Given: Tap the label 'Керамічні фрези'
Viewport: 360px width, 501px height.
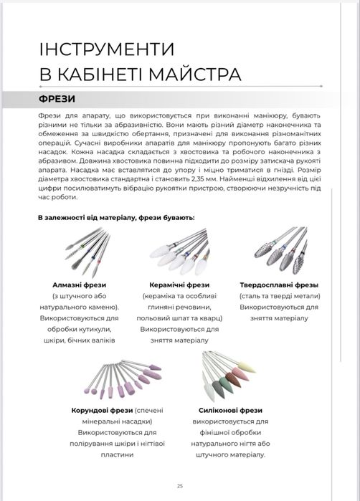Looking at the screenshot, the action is [176, 285].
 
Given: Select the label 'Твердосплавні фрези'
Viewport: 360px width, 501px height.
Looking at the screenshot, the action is [279, 285].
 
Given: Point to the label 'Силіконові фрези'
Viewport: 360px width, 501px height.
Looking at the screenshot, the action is [225, 410].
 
